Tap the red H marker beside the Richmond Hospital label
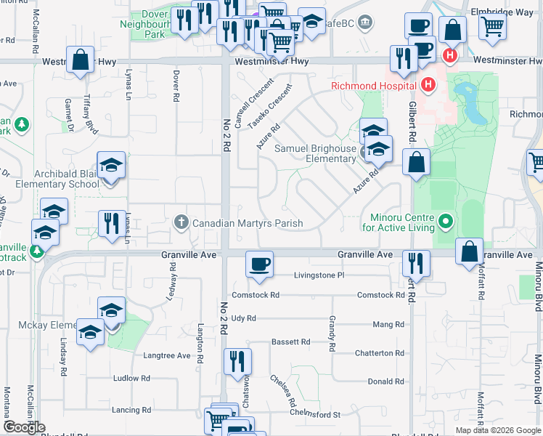(428, 85)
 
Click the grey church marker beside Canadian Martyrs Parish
(182, 222)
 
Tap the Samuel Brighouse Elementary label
(315, 153)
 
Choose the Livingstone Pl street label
(318, 275)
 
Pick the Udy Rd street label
(244, 318)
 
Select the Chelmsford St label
(315, 414)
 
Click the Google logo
(25, 427)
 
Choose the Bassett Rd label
(290, 342)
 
